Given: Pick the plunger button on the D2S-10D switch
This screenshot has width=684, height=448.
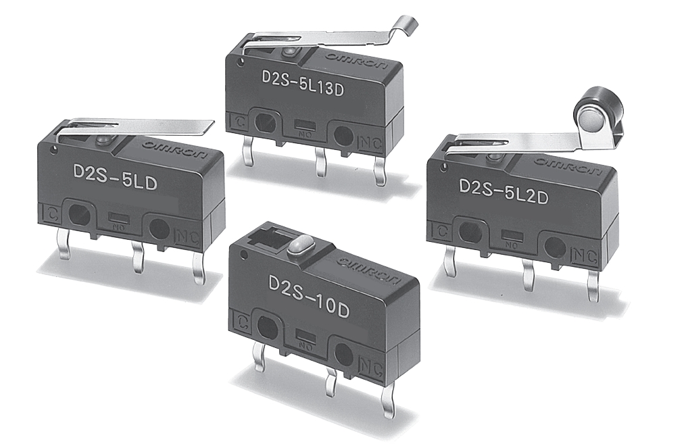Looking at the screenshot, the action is coord(297,245).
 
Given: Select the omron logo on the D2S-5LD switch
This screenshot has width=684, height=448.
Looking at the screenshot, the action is coord(175,149).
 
